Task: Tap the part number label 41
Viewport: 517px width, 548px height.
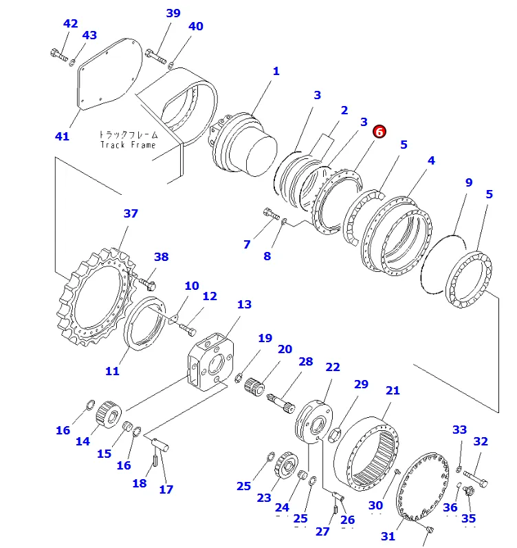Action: [x=62, y=136]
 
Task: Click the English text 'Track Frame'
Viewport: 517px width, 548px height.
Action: [x=128, y=145]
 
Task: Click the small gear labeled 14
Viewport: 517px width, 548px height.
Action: [x=108, y=414]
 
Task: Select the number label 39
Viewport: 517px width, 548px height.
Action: [x=173, y=13]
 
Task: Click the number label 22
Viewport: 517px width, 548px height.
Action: [x=333, y=367]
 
